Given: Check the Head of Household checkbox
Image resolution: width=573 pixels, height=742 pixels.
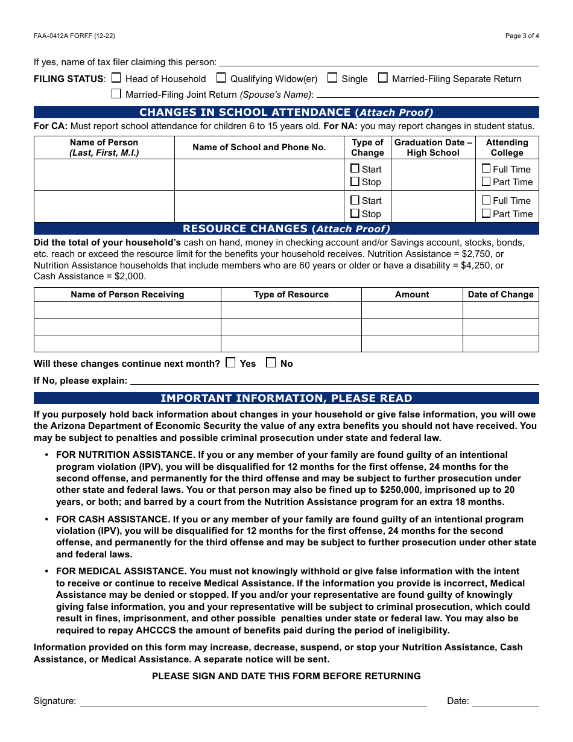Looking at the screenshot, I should point(116,78).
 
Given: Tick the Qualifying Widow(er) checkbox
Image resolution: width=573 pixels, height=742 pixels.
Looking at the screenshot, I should point(221,78).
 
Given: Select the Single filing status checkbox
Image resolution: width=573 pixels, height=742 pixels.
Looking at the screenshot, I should point(332,78).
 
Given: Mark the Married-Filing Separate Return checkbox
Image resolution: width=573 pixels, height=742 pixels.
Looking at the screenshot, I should point(383,78).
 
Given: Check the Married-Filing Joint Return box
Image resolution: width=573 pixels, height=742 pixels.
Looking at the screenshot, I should point(116,94).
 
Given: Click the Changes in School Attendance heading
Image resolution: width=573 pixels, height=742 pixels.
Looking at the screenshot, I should point(286,112).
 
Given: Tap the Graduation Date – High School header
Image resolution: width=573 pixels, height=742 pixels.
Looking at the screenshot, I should point(433,147).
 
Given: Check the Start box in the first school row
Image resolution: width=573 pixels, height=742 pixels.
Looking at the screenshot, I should point(355,169).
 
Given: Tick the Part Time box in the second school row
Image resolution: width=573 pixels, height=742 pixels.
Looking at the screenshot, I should point(486,213).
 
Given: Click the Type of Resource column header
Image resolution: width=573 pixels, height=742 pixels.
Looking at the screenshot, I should point(291,294).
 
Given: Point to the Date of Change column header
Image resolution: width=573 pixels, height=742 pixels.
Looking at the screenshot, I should point(501,294).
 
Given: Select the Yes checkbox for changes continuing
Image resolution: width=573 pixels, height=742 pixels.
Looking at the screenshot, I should point(230,363).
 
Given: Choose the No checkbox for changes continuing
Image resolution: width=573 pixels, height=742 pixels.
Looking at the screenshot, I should point(271,363).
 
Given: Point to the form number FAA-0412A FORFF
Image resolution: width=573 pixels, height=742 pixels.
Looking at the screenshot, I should point(74,36).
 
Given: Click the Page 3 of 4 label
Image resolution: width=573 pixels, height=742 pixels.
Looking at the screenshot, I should point(522,36).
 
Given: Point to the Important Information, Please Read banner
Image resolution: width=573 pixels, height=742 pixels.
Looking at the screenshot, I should point(286,398).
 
